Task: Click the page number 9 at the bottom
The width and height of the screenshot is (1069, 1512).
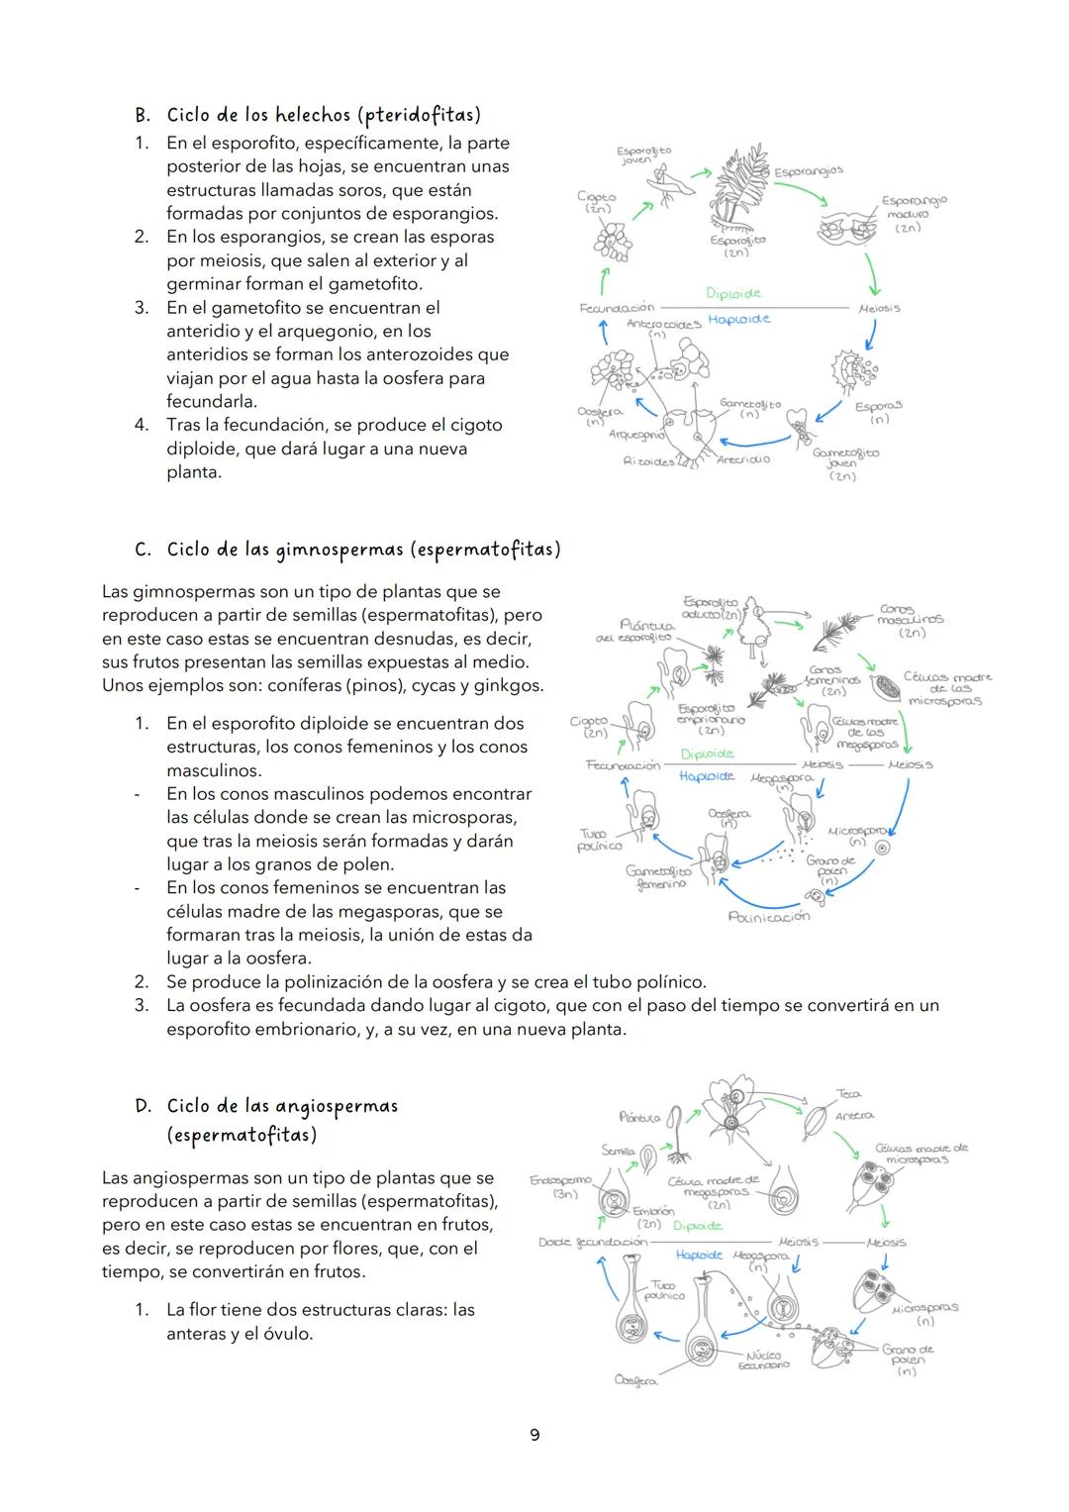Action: click(534, 1435)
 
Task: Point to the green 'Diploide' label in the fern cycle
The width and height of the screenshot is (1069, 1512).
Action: click(733, 293)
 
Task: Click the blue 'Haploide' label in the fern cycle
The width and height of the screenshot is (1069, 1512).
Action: click(738, 319)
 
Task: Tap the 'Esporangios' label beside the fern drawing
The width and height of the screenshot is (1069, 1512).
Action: click(809, 171)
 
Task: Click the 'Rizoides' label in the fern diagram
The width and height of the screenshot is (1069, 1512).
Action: click(648, 461)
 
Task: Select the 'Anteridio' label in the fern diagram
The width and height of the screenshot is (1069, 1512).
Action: click(742, 459)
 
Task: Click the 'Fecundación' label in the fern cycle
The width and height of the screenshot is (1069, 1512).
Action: click(617, 308)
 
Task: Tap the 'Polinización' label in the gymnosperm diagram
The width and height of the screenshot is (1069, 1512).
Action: click(769, 917)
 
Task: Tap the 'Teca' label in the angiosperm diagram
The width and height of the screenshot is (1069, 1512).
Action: click(848, 1094)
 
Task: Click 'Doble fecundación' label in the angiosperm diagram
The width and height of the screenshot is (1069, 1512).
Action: click(592, 1242)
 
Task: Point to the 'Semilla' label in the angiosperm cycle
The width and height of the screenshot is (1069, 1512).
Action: click(618, 1151)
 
